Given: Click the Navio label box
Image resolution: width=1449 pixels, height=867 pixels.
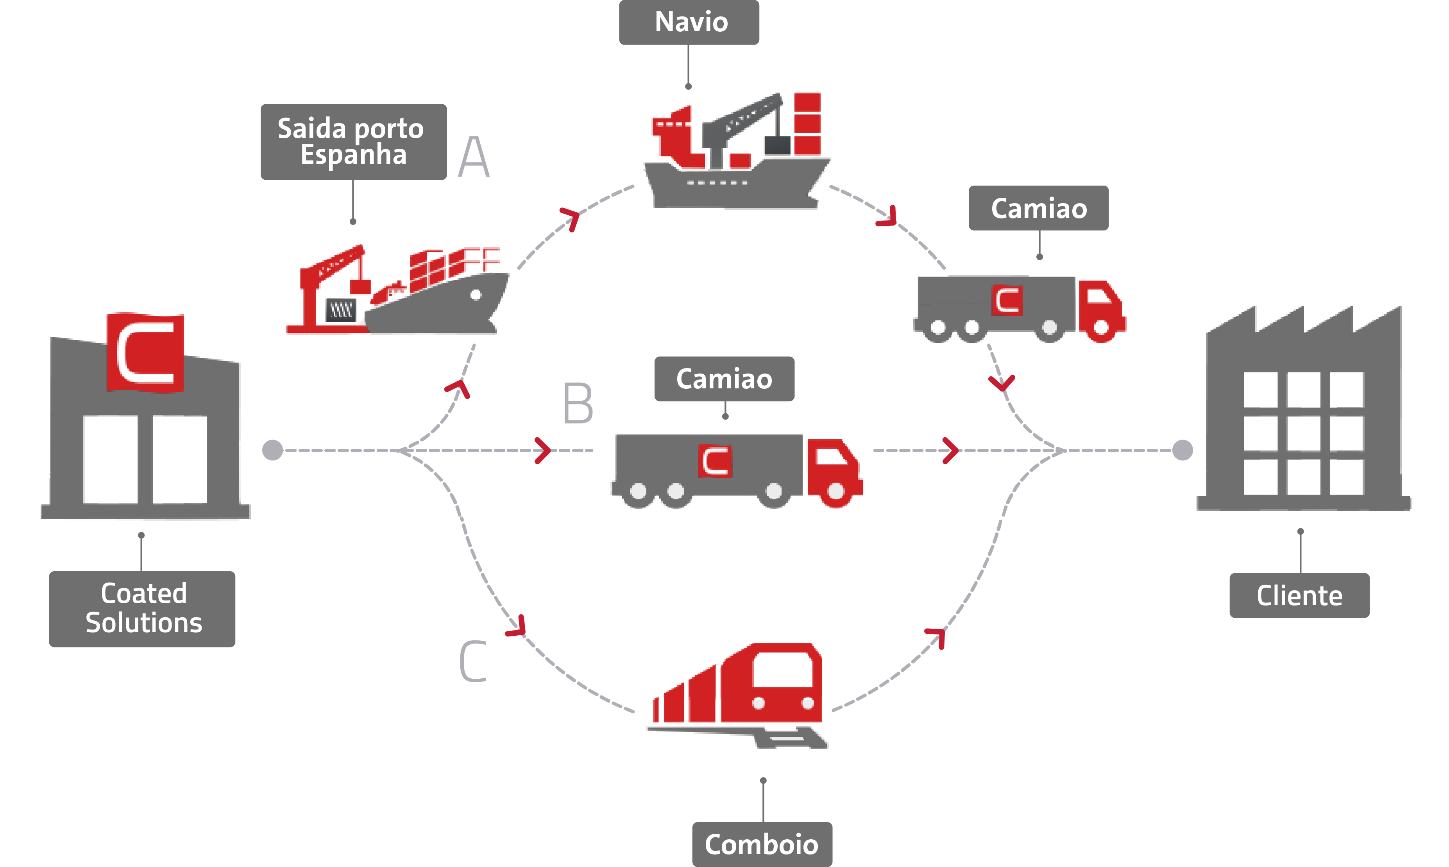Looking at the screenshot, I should [689, 22].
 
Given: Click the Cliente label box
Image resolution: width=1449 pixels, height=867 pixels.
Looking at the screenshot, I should [1299, 595].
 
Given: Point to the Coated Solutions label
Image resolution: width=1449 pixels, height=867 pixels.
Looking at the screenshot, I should [142, 609].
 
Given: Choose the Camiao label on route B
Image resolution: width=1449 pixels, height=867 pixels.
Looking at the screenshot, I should [724, 379].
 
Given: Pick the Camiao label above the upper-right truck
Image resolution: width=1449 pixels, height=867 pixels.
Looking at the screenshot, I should [1038, 208].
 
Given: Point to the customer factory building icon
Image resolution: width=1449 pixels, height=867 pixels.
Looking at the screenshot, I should [1304, 415].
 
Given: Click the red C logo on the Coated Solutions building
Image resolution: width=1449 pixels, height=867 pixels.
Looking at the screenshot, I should [145, 352].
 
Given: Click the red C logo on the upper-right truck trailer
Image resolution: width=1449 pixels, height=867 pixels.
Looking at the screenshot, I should [1006, 300].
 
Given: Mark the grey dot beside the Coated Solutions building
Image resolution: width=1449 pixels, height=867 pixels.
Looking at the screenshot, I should [273, 450].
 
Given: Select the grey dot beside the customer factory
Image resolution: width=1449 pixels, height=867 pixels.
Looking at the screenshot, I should [1182, 450].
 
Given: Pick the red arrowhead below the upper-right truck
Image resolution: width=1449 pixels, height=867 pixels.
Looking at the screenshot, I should [1002, 383].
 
